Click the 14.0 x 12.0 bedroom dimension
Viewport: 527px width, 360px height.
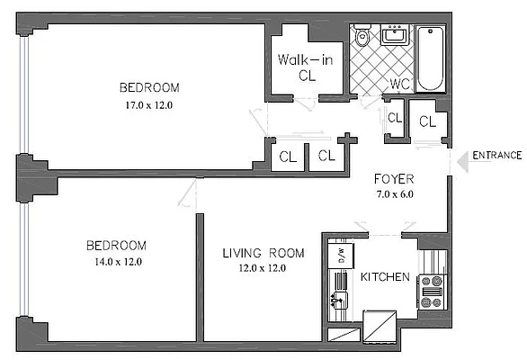pyautogui.click(x=114, y=262)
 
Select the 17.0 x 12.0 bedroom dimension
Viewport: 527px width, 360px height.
pyautogui.click(x=149, y=104)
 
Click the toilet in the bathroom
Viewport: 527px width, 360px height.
pyautogui.click(x=362, y=37)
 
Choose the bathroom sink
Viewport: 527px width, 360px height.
pyautogui.click(x=394, y=36)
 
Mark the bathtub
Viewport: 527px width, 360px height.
pyautogui.click(x=432, y=58)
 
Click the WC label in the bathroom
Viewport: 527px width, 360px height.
pyautogui.click(x=399, y=85)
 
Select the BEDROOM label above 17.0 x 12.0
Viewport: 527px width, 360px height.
pyautogui.click(x=149, y=88)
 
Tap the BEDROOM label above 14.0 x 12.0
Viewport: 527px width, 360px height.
pyautogui.click(x=115, y=246)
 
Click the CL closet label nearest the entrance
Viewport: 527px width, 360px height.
pyautogui.click(x=427, y=121)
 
